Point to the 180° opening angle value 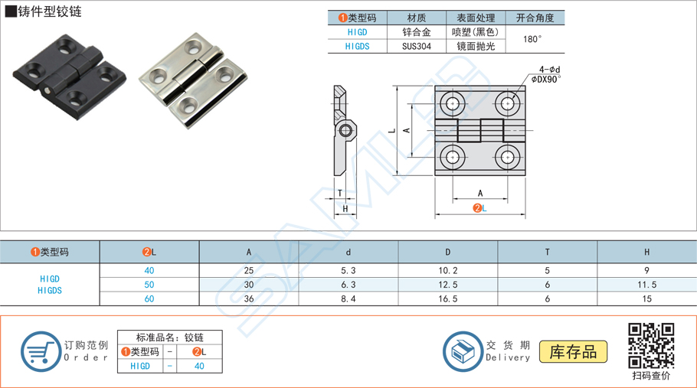(533, 39)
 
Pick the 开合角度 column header (534, 18)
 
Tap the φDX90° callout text (546, 79)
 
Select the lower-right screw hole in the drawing (506, 158)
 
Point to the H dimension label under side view (345, 209)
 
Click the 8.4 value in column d (348, 298)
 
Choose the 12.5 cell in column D (448, 284)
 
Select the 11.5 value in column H (646, 284)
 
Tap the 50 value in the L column (149, 284)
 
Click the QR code (651, 345)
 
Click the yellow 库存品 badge (574, 351)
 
